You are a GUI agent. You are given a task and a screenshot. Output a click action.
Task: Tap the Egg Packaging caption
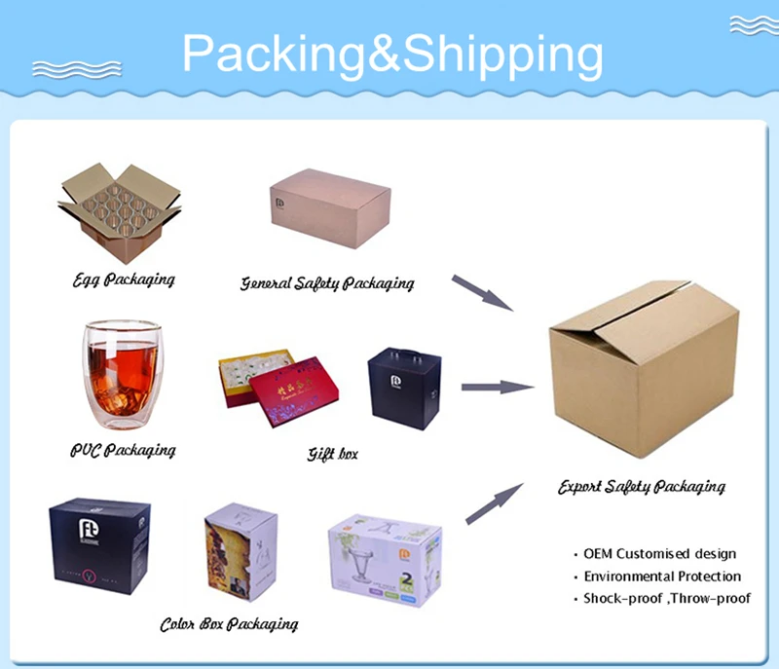(x=124, y=279)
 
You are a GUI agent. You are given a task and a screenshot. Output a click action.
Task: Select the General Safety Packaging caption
(x=327, y=283)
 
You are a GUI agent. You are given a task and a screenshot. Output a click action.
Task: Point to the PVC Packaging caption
(x=123, y=450)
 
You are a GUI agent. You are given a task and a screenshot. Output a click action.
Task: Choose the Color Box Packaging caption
(x=229, y=623)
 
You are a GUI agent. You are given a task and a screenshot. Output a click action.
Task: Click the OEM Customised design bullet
(x=659, y=554)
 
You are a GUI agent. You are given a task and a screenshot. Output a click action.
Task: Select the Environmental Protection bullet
(x=662, y=576)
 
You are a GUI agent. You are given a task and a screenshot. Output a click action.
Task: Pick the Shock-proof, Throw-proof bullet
(x=667, y=599)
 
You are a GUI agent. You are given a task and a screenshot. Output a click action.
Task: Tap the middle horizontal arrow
(x=497, y=388)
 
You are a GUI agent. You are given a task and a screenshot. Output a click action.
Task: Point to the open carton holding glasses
(x=119, y=214)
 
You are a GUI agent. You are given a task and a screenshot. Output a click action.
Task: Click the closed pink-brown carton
(x=330, y=210)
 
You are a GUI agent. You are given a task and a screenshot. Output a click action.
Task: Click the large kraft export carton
(x=644, y=370)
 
